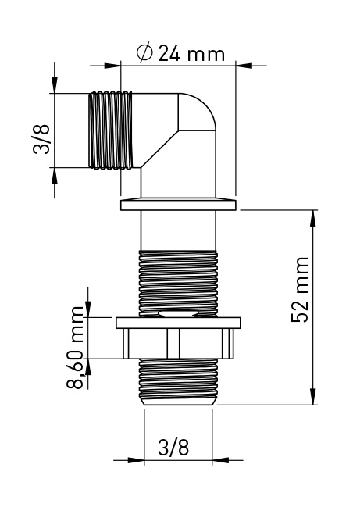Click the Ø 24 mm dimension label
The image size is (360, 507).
[x=180, y=53]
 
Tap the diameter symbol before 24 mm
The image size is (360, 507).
[x=144, y=53]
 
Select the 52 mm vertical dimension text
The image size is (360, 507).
[x=300, y=290]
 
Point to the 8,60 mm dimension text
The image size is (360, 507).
[x=75, y=348]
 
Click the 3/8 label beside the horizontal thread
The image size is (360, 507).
[x=41, y=139]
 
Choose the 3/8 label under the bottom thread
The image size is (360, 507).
[x=173, y=447]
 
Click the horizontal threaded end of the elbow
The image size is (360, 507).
[x=111, y=130]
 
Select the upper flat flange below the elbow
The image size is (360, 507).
[x=178, y=205]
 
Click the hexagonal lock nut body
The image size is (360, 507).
[x=178, y=344]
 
